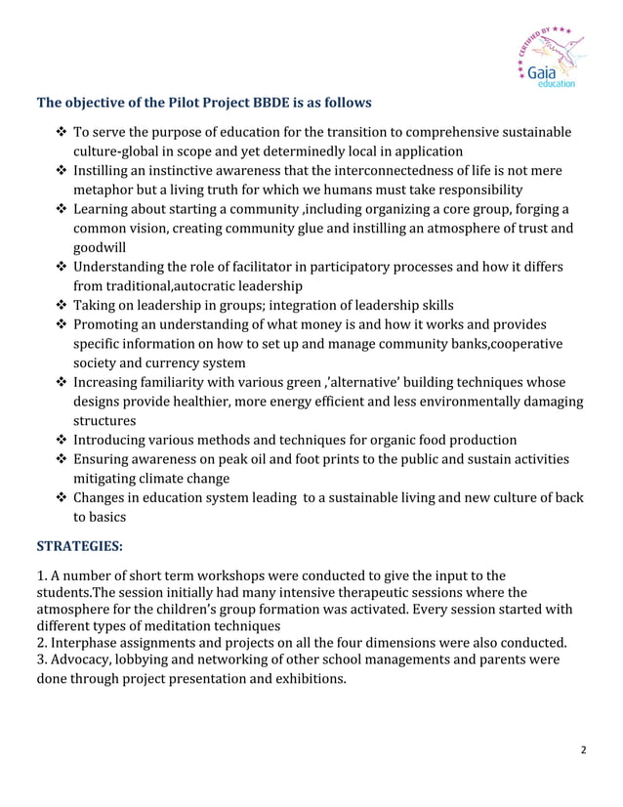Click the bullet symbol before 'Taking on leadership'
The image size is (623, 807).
pos(62,306)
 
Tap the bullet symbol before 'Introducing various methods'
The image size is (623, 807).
pos(62,439)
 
